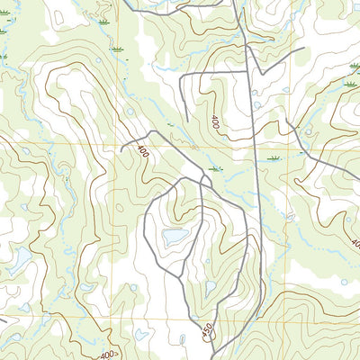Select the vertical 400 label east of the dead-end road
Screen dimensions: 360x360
click(x=216, y=121)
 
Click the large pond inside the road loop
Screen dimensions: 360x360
click(x=175, y=236)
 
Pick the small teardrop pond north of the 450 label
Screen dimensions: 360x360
click(x=210, y=288)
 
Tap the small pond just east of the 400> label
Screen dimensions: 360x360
click(x=141, y=334)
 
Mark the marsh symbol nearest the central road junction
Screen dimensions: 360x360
click(x=213, y=168)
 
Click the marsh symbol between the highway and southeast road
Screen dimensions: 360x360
click(x=274, y=158)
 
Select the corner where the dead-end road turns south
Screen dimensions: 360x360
click(x=184, y=76)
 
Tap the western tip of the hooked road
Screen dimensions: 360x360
click(x=121, y=148)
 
